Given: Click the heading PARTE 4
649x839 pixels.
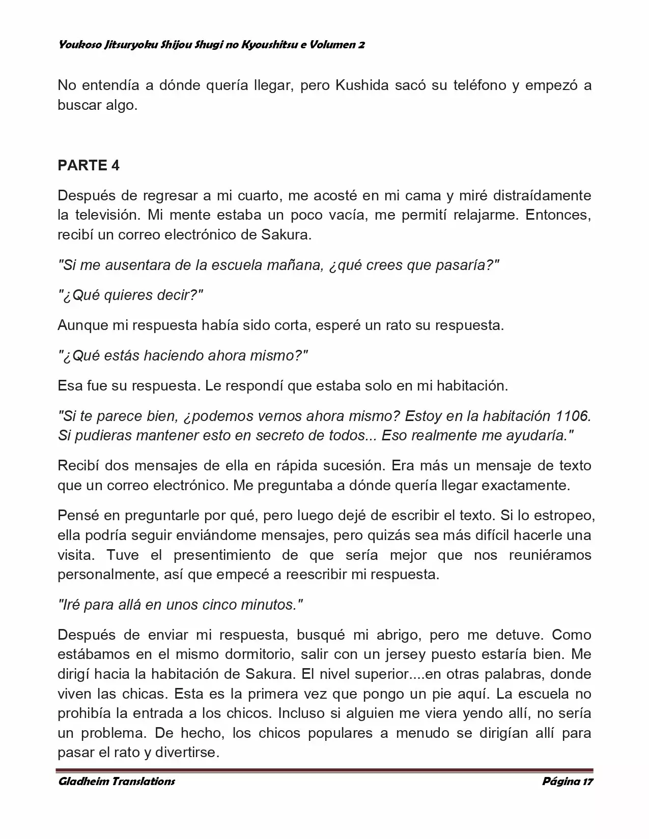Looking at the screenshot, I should [x=89, y=166].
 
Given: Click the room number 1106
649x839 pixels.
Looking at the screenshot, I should [x=574, y=416].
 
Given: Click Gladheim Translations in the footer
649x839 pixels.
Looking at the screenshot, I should [x=117, y=782].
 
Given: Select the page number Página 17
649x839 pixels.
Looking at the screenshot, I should [x=567, y=782].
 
